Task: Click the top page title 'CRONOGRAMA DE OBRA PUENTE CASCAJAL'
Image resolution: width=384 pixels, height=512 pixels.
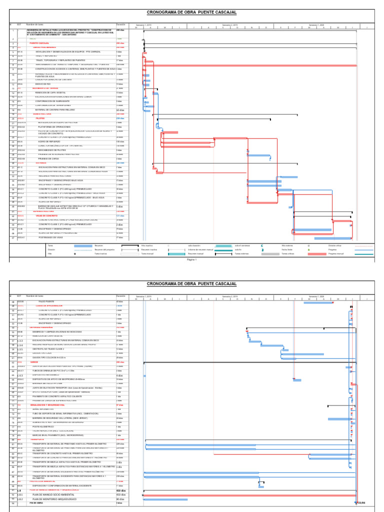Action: point(191,12)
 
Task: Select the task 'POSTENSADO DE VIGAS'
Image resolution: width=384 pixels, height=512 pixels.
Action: point(50,238)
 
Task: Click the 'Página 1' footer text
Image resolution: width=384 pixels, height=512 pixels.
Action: point(192,260)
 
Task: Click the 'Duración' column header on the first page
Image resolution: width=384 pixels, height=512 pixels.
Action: point(121,24)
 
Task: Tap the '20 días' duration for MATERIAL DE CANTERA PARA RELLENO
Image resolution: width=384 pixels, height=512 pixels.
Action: point(120,110)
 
